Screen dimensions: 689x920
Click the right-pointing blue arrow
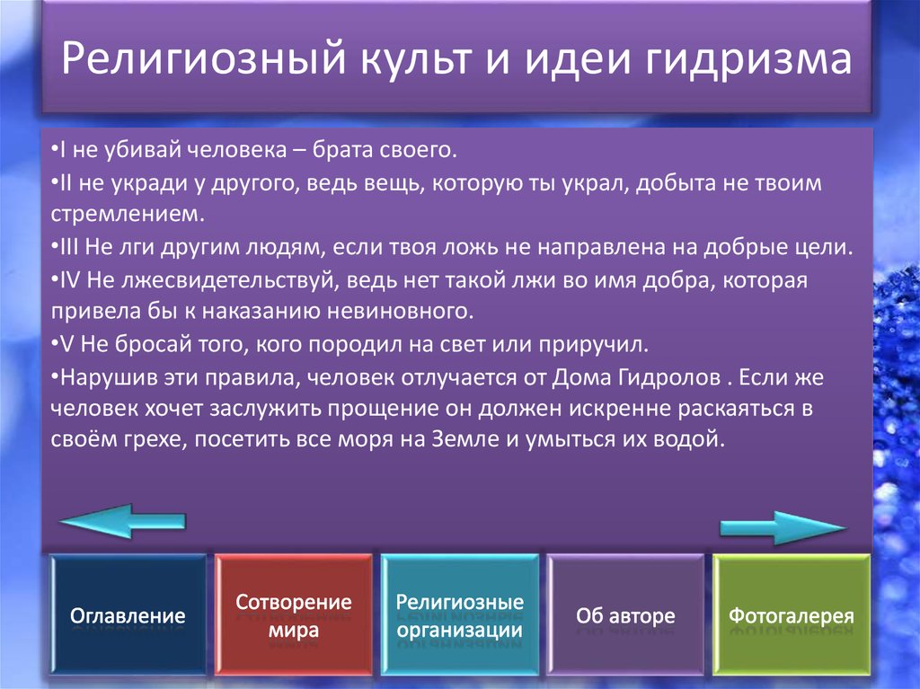pyautogui.click(x=783, y=527)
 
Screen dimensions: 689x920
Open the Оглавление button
pyautogui.click(x=128, y=616)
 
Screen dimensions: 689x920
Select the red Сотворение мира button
pyautogui.click(x=294, y=615)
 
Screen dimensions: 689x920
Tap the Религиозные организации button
pyautogui.click(x=460, y=615)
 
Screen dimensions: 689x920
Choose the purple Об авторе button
pyautogui.click(x=625, y=616)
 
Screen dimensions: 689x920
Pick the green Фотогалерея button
pyautogui.click(x=791, y=616)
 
